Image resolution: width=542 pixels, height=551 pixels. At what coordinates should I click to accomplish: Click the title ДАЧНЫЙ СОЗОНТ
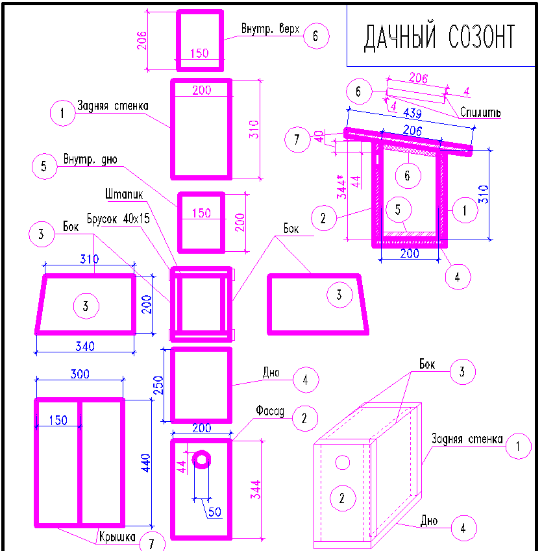439,38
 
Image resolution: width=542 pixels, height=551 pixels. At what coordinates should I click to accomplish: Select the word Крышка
117,537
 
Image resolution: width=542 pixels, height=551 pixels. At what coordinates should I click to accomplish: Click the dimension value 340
85,346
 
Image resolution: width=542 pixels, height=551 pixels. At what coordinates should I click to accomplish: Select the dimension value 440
147,462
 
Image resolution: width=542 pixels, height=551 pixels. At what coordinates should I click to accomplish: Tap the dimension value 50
214,512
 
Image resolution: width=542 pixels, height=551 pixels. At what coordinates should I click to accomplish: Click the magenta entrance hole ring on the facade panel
203,459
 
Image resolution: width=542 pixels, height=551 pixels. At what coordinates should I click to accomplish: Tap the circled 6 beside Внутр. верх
315,36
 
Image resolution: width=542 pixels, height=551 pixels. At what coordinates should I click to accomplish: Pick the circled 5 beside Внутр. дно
43,165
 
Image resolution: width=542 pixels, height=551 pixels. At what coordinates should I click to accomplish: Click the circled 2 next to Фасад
304,419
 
